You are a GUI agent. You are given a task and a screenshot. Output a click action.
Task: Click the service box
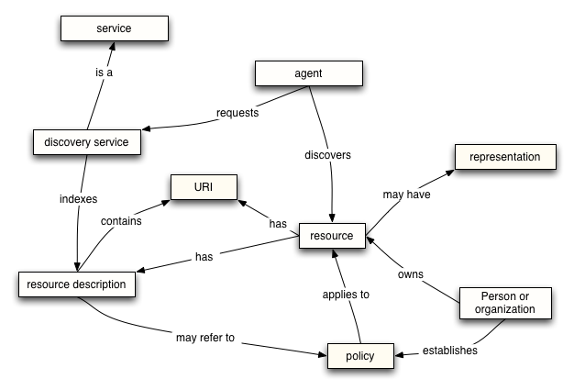(x=114, y=28)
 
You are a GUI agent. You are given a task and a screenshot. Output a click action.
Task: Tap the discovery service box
(x=86, y=142)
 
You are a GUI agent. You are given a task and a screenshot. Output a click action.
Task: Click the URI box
(x=203, y=188)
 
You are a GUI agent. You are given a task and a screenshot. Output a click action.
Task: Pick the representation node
(x=504, y=157)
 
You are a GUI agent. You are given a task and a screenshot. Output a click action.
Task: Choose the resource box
(x=331, y=236)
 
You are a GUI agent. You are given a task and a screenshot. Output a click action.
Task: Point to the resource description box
(x=77, y=284)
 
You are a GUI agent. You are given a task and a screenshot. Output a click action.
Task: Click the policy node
(x=361, y=354)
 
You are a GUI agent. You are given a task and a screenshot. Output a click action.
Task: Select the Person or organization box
(x=505, y=302)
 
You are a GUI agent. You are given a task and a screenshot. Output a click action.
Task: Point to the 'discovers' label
(x=327, y=155)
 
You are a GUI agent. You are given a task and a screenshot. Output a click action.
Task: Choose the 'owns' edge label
(x=410, y=273)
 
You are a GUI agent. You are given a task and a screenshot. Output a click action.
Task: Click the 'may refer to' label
(x=205, y=338)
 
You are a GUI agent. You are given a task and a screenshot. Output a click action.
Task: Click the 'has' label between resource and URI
(x=277, y=223)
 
